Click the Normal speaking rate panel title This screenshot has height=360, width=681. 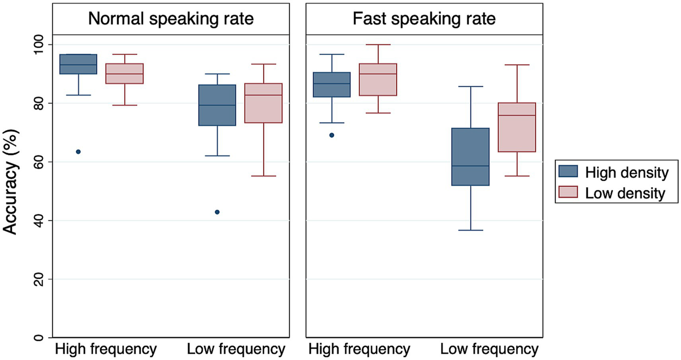tap(171, 19)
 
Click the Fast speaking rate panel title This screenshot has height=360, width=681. tap(424, 19)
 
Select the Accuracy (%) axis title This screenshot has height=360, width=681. tap(11, 182)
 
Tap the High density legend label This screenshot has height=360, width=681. tap(626, 172)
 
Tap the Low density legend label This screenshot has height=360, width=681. tap(625, 193)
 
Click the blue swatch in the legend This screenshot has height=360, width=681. tap(568, 172)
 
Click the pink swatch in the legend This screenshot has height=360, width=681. tap(568, 192)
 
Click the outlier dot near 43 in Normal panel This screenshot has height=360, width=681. tap(217, 212)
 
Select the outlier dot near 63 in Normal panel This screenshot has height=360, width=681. tap(79, 152)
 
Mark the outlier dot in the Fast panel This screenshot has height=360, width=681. tap(331, 135)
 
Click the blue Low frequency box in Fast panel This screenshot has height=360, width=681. tap(470, 157)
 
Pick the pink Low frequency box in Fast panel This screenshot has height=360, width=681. tap(517, 128)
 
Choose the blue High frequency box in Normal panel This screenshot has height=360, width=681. tap(79, 64)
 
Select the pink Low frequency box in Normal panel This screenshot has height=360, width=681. tap(264, 103)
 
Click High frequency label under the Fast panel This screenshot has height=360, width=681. tap(359, 349)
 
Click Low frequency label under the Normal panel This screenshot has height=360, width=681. tap(236, 349)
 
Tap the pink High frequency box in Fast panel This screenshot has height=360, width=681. tap(378, 80)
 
